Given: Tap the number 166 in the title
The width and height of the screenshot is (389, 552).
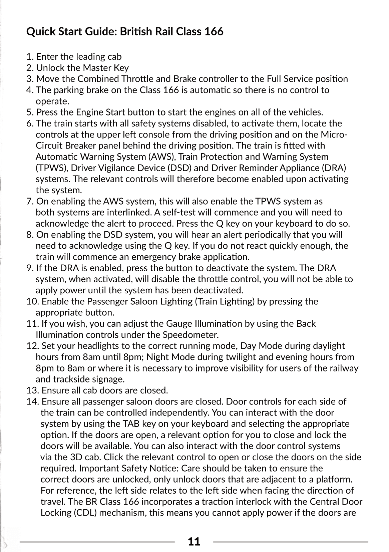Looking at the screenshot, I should coord(214,32).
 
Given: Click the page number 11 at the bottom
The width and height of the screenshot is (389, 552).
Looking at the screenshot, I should coord(194,541).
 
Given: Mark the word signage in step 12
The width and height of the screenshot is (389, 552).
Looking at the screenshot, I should coord(108,379).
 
